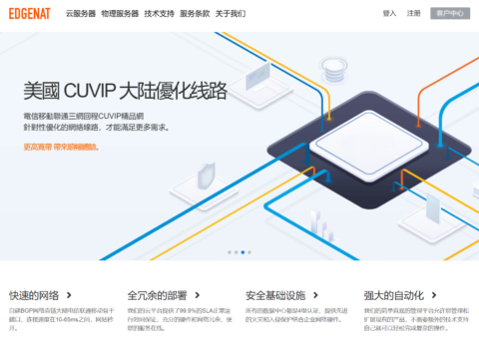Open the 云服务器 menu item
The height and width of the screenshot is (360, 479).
coord(81,14)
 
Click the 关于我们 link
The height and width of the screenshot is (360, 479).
coord(231,14)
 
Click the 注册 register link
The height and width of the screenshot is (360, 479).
coord(414,14)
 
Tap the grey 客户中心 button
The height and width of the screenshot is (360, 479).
coord(450,14)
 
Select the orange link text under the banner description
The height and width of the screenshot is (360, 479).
coord(62,147)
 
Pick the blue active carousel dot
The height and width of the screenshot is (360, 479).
coord(241,252)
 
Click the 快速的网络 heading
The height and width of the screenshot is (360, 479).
coord(34,295)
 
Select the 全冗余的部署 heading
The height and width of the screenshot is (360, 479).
coord(158,295)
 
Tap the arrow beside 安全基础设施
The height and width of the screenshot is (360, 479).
coord(317,295)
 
